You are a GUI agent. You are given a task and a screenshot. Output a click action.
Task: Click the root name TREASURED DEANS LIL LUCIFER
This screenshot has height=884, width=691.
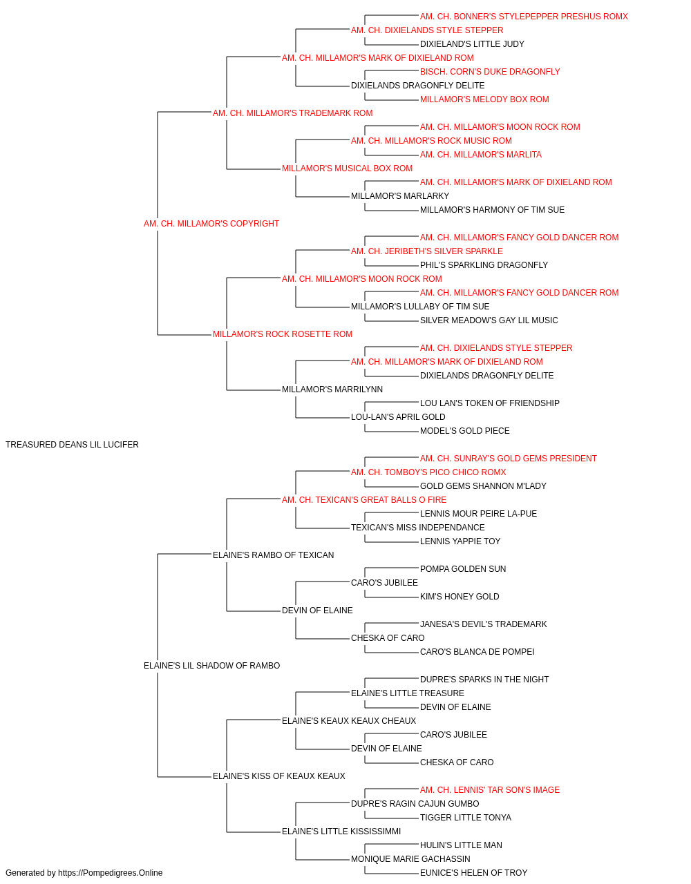(x=72, y=444)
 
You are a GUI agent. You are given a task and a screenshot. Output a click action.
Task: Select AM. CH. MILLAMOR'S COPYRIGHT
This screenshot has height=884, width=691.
(x=211, y=223)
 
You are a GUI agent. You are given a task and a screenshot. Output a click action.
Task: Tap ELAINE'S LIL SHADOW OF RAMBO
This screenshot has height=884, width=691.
(x=211, y=665)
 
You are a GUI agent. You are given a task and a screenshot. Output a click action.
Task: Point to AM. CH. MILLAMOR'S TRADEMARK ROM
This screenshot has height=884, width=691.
(x=292, y=113)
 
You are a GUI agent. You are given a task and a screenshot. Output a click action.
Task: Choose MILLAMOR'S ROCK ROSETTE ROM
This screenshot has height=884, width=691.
(x=283, y=334)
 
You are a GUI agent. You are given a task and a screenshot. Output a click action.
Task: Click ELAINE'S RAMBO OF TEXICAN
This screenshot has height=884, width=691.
(x=273, y=555)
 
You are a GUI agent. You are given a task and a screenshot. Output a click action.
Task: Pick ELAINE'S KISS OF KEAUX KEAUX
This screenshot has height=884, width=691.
(x=278, y=776)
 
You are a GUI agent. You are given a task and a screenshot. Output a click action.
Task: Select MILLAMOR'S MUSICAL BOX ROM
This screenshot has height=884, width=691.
(x=347, y=169)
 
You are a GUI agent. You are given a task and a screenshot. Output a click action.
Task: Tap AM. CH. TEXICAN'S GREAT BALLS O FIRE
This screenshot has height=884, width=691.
(x=364, y=499)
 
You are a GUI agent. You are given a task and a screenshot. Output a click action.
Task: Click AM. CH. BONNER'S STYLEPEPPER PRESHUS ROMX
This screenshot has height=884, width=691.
(x=524, y=17)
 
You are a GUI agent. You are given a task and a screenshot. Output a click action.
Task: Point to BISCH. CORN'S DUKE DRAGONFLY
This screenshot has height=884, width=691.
(x=490, y=72)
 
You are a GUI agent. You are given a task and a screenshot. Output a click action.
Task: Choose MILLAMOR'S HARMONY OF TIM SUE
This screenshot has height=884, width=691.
(x=492, y=210)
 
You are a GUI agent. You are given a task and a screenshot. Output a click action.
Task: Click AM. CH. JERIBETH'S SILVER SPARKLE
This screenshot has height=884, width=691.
(x=427, y=251)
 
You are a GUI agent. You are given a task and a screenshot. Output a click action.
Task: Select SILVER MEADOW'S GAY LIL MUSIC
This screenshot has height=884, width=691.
(x=489, y=320)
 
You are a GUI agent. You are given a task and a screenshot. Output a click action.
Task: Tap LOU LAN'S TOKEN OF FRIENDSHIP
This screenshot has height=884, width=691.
(x=489, y=403)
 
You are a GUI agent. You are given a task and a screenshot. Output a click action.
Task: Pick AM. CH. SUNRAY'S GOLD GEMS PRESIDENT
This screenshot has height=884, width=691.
(x=509, y=459)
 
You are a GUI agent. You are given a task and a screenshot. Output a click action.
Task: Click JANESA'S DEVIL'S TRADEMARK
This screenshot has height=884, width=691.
(x=484, y=624)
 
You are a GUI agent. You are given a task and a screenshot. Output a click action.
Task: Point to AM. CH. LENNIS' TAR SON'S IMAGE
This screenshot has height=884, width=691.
(x=489, y=789)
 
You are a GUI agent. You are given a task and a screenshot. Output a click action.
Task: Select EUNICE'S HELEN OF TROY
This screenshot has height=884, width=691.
(x=474, y=873)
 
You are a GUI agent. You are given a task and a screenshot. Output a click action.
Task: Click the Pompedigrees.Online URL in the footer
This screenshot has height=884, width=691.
(x=111, y=873)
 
